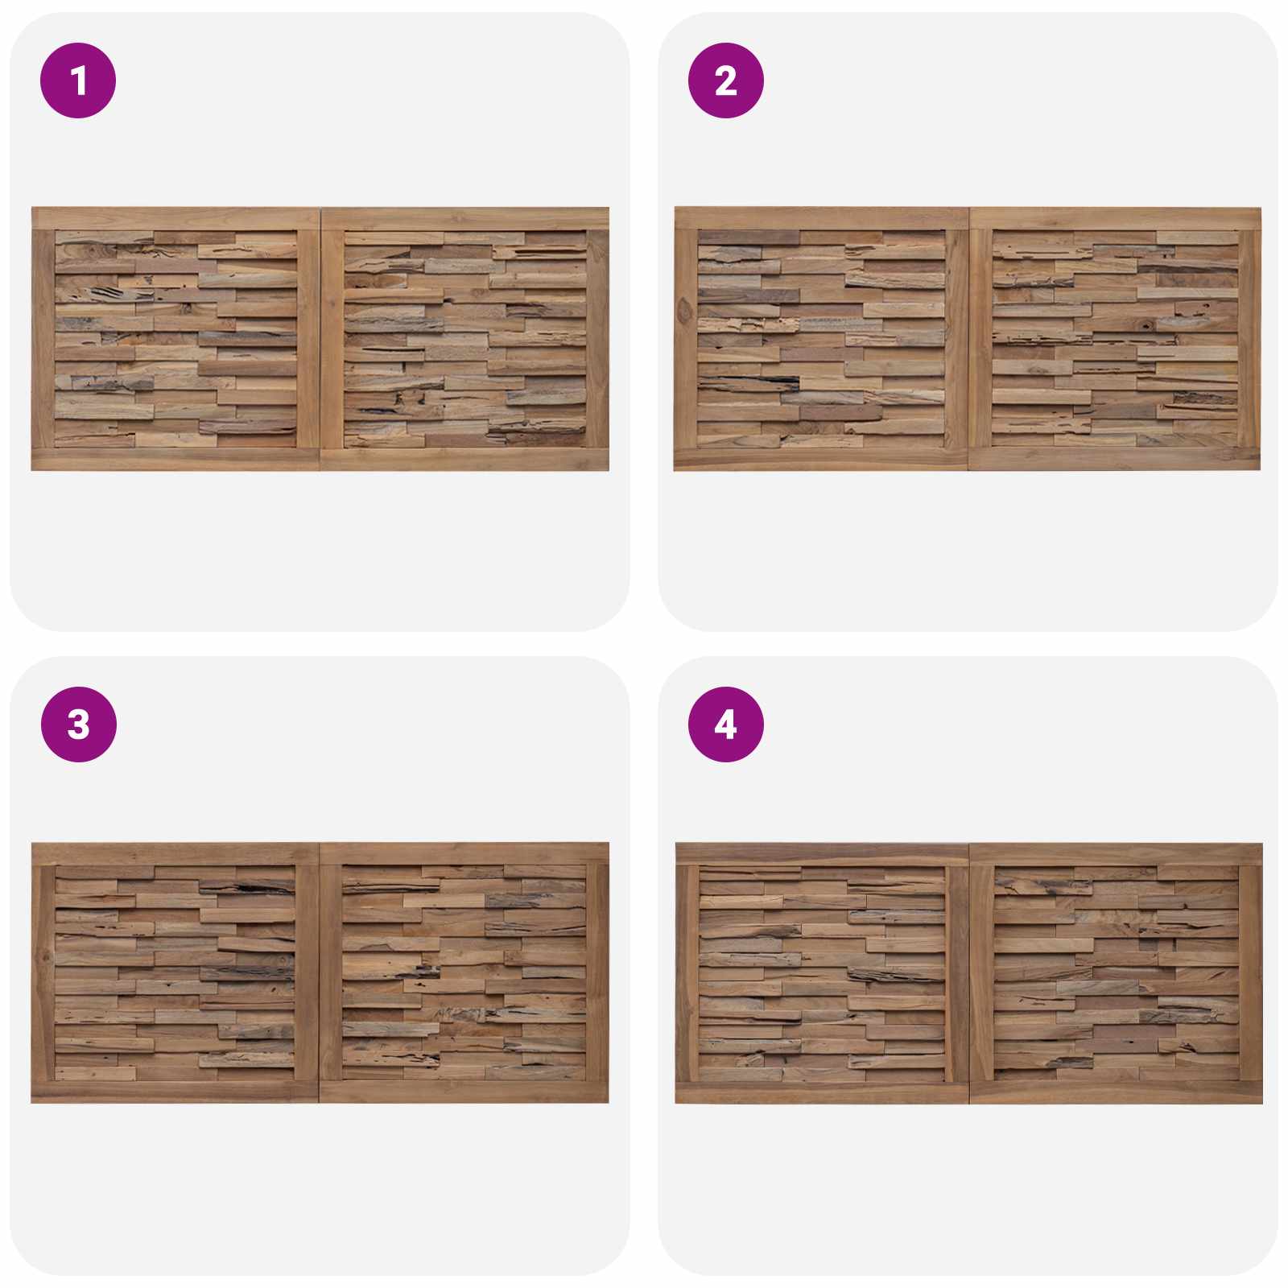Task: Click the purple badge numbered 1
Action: [x=78, y=80]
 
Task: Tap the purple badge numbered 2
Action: [x=725, y=80]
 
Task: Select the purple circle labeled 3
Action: [x=78, y=724]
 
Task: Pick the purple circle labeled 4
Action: [x=725, y=724]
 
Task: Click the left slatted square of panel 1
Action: [x=175, y=339]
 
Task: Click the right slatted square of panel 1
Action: [x=464, y=339]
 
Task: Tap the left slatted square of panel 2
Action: [x=821, y=339]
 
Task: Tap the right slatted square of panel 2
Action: [x=1115, y=339]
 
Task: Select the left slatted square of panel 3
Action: [x=175, y=973]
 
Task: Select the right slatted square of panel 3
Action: [x=464, y=973]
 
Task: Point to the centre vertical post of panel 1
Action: [x=320, y=339]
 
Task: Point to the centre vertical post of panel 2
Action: [x=968, y=339]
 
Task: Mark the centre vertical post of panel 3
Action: [x=320, y=973]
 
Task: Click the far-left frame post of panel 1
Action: [x=43, y=339]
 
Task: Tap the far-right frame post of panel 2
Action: [x=1249, y=339]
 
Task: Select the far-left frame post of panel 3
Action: [x=43, y=973]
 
